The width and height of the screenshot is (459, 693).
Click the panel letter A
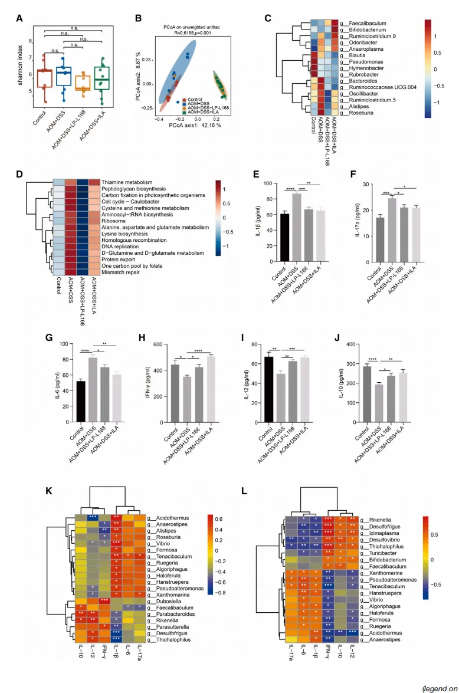[19, 18]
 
